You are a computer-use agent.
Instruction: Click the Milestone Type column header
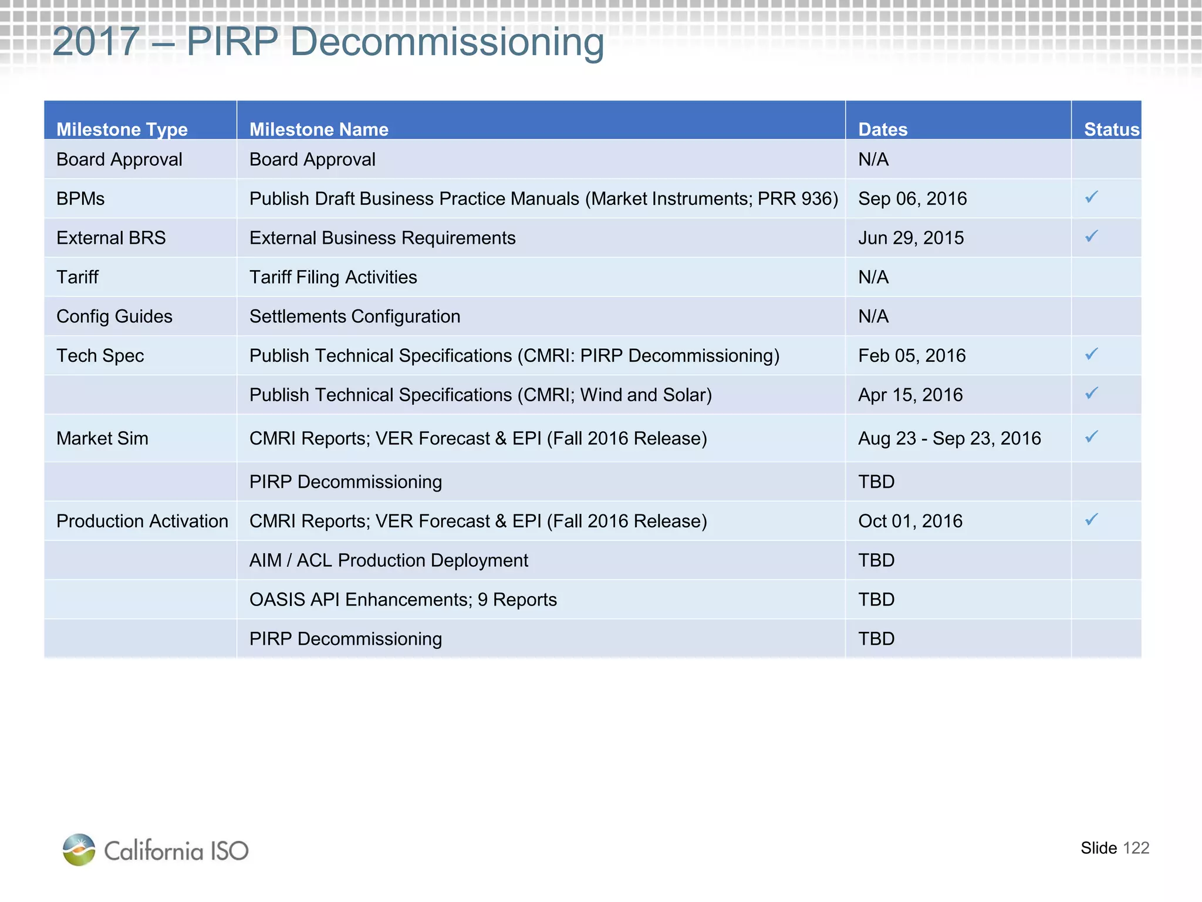[122, 129]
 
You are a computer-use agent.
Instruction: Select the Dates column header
[883, 129]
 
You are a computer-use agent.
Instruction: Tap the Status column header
[1110, 129]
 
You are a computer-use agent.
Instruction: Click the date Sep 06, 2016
[912, 198]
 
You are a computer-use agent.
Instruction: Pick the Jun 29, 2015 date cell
[911, 238]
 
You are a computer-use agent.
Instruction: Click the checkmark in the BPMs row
[1091, 197]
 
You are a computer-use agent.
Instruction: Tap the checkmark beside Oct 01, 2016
[1091, 520]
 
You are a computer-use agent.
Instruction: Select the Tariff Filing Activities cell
[333, 277]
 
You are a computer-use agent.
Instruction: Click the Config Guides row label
[114, 317]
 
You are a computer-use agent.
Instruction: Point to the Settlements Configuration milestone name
[354, 317]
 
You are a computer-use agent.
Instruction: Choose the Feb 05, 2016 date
[911, 356]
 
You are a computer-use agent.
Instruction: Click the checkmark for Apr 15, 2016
[1091, 393]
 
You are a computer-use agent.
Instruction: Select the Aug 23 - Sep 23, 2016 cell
[949, 438]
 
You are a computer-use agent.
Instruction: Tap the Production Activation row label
[142, 521]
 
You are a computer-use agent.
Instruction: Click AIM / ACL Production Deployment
[389, 560]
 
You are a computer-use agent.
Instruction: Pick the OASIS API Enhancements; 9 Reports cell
[403, 600]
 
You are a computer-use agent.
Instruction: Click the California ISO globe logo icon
[79, 849]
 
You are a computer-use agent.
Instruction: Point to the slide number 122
[1136, 848]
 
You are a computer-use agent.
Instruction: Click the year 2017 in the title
[96, 42]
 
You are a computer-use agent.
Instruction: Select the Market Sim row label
[102, 438]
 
